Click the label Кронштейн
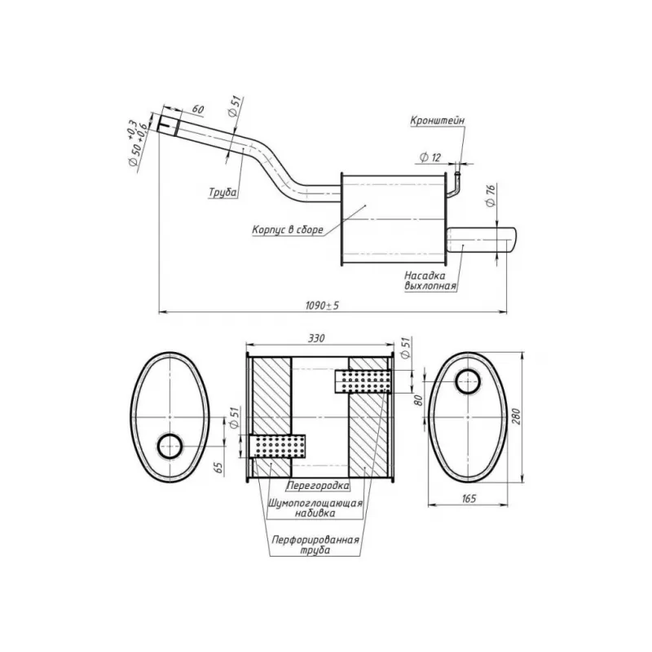438,121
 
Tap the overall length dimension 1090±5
322,306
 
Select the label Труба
222,192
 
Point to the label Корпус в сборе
288,230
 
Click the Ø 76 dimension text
491,196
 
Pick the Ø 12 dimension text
430,157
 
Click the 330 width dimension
316,338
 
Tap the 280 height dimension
516,416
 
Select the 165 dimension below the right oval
469,499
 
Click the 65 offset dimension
218,469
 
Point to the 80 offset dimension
418,400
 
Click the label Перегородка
319,485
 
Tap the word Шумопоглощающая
315,503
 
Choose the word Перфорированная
315,540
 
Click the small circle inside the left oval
170,446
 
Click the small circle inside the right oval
468,381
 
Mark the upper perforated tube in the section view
363,381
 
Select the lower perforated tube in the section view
277,447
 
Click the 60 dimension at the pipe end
198,109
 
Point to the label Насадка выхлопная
430,281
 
